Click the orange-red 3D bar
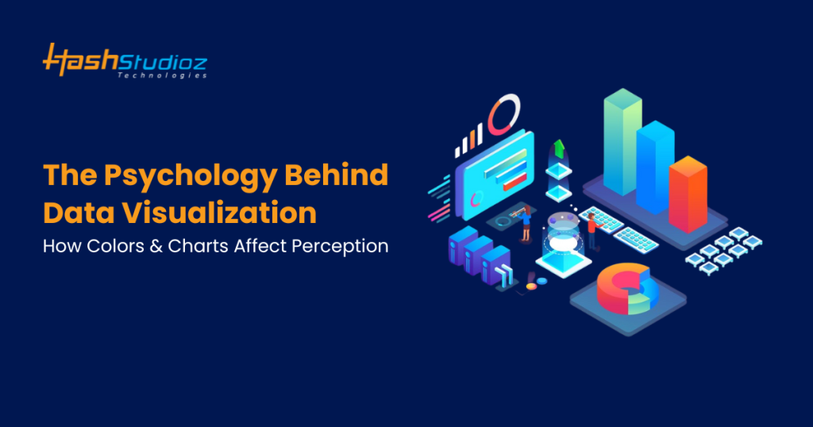688,194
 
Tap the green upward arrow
559,148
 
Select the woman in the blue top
526,223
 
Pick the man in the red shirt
590,231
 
